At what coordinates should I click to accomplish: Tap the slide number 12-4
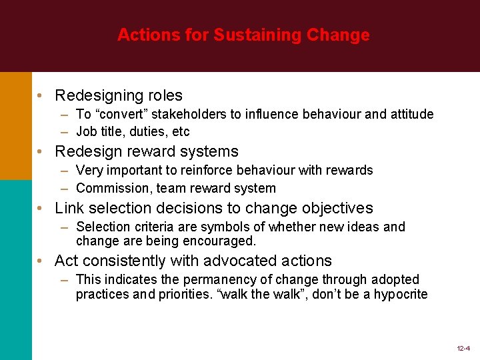pos(463,349)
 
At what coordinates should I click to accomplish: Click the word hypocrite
pos(399,294)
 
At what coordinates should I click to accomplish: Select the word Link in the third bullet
pos(68,209)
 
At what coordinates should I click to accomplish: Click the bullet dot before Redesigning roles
pos(41,96)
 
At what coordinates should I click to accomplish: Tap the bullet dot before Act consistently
pos(41,261)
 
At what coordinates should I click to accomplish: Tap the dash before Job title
pos(67,131)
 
